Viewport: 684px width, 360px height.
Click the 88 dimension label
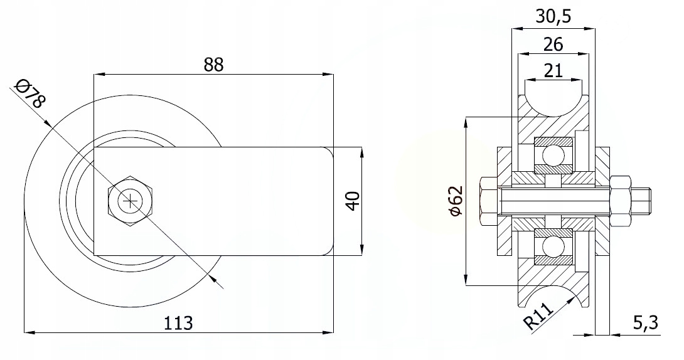click(213, 64)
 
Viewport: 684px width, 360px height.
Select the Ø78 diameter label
click(29, 93)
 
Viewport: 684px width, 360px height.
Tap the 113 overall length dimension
click(178, 323)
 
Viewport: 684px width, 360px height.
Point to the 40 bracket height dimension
click(352, 201)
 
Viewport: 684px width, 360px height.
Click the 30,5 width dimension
click(553, 17)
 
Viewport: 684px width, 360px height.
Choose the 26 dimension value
click(553, 44)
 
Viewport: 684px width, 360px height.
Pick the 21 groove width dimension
click(553, 70)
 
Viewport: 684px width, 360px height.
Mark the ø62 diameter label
click(456, 201)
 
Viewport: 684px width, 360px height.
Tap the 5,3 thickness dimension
click(644, 323)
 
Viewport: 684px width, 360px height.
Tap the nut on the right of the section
click(620, 201)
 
